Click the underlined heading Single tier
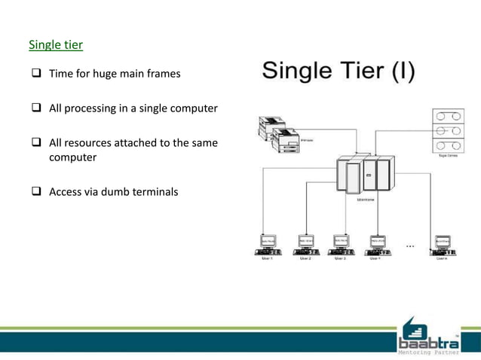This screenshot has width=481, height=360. [56, 45]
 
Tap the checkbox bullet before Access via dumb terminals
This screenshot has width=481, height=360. [35, 192]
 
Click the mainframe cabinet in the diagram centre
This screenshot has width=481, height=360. [365, 176]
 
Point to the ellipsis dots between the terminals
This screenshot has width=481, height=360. [410, 245]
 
